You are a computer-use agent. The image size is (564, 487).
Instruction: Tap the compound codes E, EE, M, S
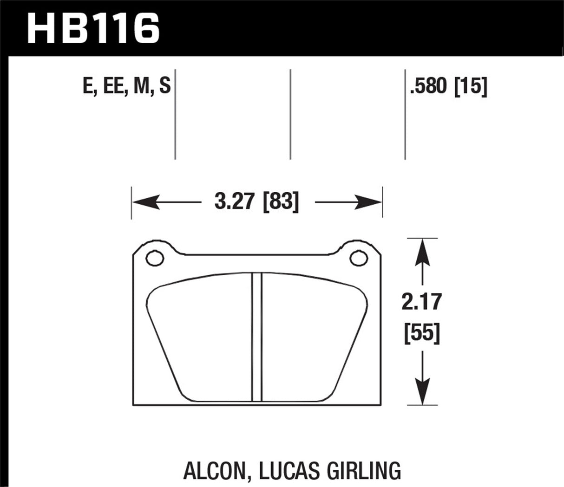pos(126,87)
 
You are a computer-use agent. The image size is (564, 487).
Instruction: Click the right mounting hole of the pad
pos(358,258)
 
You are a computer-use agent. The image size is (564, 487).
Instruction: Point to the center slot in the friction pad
pos(257,337)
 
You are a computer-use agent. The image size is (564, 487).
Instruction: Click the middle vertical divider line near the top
pos(290,114)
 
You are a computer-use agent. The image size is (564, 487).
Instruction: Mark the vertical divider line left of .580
pos(405,114)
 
